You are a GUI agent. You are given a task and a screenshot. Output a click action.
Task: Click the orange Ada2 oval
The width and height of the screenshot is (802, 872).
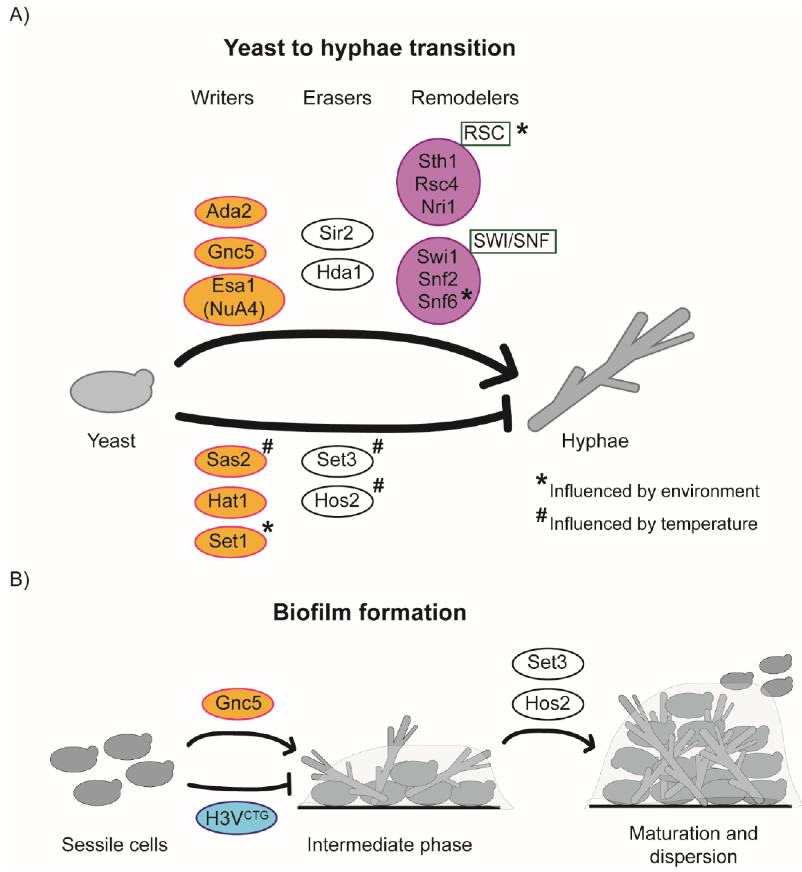pyautogui.click(x=230, y=212)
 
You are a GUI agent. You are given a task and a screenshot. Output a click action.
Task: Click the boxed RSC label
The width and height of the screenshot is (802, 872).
pyautogui.click(x=485, y=133)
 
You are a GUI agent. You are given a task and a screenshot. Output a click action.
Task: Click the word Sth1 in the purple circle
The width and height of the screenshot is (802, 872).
pyautogui.click(x=437, y=161)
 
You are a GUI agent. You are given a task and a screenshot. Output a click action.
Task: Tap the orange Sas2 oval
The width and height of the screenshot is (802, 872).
pyautogui.click(x=230, y=460)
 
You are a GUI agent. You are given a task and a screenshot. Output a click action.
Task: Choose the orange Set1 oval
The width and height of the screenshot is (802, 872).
pyautogui.click(x=230, y=542)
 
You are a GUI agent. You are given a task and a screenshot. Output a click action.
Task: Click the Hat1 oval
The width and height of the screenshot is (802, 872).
pyautogui.click(x=230, y=502)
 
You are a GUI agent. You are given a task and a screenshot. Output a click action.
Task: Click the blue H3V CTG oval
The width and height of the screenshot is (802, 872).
pyautogui.click(x=237, y=818)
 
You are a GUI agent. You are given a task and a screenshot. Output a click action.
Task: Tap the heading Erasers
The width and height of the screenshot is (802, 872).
pyautogui.click(x=337, y=98)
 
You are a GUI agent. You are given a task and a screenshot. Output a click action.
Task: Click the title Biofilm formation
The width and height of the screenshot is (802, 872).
pyautogui.click(x=369, y=612)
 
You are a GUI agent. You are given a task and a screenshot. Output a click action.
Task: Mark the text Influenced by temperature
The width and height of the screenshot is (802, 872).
pyautogui.click(x=653, y=524)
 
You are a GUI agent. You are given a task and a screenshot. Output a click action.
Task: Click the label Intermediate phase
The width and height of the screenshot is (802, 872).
pyautogui.click(x=389, y=845)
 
